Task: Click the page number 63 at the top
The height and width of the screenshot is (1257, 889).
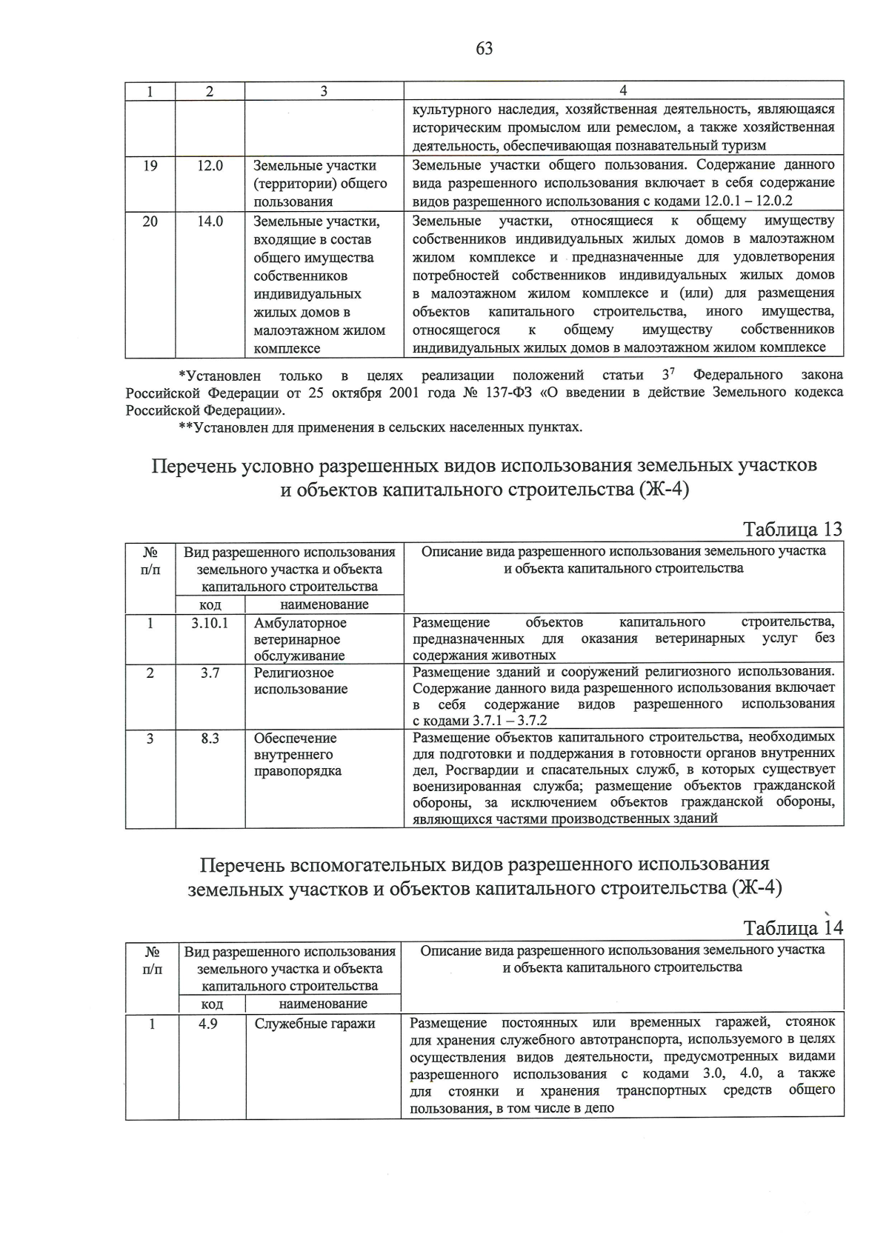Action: coord(484,49)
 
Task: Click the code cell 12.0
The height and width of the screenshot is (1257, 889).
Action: coord(210,166)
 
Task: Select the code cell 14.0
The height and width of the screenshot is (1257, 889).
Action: coord(210,221)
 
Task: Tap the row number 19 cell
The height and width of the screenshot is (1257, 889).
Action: coord(150,166)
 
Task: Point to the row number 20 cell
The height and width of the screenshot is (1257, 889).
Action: coord(150,221)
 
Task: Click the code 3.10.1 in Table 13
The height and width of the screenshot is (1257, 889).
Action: coord(210,623)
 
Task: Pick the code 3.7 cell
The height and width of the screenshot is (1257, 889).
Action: coord(210,673)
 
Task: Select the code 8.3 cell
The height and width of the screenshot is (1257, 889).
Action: coord(210,738)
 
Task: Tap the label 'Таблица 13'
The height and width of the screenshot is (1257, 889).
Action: coord(793,530)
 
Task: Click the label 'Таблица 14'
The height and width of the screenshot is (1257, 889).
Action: coord(793,928)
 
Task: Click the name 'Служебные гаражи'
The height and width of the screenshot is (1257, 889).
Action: coord(315,1024)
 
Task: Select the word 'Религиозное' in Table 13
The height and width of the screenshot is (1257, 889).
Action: coord(293,673)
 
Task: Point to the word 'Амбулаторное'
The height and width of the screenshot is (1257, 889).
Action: coord(300,623)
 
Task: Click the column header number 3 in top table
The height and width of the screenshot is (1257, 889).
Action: coord(324,91)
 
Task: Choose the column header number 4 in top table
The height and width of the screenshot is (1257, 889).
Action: coord(623,91)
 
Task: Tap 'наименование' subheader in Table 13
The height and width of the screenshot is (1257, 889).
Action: coord(324,604)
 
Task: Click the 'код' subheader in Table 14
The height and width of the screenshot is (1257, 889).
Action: coord(212,1004)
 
